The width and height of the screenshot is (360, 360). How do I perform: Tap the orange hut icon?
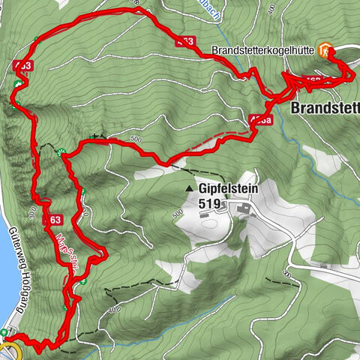pos(325,50)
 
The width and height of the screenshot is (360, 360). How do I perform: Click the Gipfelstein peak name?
pos(229,190)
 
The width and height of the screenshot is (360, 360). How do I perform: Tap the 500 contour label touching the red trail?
pos(135,138)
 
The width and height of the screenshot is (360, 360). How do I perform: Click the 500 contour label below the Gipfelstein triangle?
pos(178,213)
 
